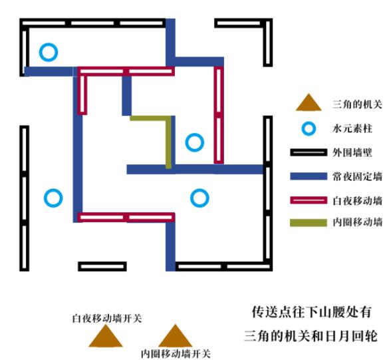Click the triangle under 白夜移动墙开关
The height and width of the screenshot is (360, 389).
tap(106, 337)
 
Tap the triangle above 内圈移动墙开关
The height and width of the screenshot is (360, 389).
tap(175, 336)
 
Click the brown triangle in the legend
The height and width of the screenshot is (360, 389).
tap(309, 102)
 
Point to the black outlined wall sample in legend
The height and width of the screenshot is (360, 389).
tap(309, 152)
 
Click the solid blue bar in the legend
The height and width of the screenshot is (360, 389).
tap(309, 176)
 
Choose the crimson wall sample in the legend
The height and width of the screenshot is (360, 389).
tap(309, 200)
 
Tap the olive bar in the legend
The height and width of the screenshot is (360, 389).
tap(309, 222)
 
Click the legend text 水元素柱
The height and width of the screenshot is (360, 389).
tap(352, 128)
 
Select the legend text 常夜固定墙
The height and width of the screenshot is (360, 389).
tap(357, 176)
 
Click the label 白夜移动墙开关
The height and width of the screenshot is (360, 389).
tap(107, 318)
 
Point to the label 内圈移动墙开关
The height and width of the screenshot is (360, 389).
tap(176, 353)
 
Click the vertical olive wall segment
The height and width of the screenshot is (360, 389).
tap(168, 142)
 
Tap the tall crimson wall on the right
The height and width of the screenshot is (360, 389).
tap(219, 115)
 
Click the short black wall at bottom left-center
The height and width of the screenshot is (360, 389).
tap(102, 266)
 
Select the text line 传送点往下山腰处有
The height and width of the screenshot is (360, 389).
tap(312, 312)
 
